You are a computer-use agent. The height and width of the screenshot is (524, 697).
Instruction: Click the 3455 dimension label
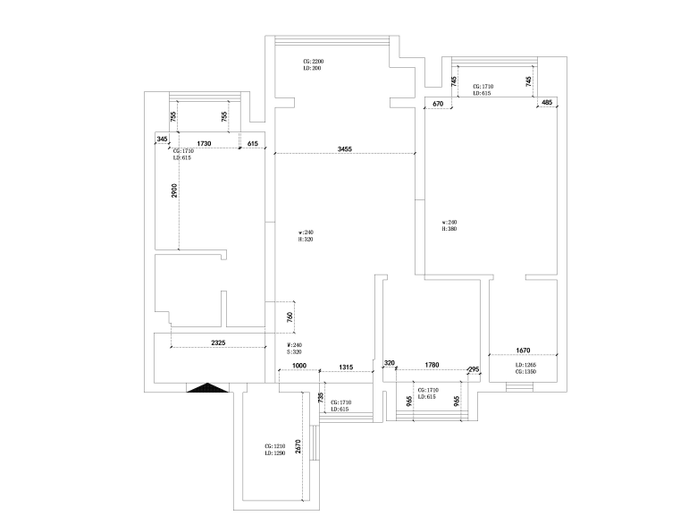click(x=344, y=148)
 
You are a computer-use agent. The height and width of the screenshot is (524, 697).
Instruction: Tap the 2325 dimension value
click(x=218, y=342)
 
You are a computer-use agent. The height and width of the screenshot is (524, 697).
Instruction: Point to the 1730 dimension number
click(x=203, y=143)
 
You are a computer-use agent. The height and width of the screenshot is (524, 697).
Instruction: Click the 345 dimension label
click(x=162, y=139)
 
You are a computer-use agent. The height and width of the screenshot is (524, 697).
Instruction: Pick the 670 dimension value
click(x=438, y=104)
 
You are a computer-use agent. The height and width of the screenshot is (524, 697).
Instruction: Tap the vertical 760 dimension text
click(x=290, y=317)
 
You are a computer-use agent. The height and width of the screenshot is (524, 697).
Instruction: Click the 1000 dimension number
click(x=300, y=367)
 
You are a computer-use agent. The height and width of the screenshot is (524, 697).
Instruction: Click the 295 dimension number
click(x=474, y=369)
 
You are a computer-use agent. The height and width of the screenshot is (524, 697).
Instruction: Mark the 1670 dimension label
click(x=524, y=351)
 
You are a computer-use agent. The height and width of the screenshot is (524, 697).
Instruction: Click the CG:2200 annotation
click(x=313, y=61)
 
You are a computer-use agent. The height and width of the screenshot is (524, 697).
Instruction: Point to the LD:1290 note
click(x=273, y=454)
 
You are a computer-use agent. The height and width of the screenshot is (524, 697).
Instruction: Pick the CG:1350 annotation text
click(x=525, y=372)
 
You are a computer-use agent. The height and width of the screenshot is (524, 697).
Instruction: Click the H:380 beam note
click(x=449, y=229)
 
